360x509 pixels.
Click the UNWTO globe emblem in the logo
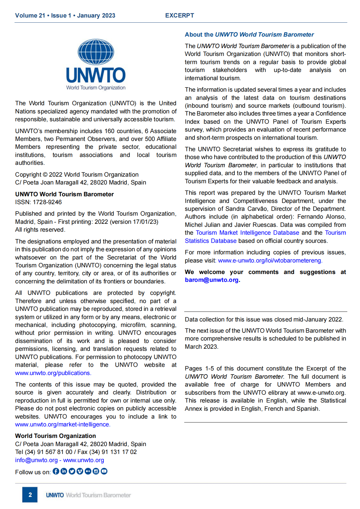(96, 52)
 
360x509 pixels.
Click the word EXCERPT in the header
(179, 15)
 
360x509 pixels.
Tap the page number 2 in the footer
(30, 495)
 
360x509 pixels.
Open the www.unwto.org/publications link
(53, 373)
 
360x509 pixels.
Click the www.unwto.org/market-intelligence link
(63, 424)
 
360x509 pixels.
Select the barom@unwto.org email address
(212, 280)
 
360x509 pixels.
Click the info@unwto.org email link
(36, 460)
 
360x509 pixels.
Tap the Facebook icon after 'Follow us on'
(56, 471)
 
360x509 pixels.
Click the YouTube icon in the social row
(104, 471)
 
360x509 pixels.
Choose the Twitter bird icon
(72, 471)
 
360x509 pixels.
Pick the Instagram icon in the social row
(96, 471)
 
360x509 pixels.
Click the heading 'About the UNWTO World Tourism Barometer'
(249, 34)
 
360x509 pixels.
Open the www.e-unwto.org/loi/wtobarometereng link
(270, 260)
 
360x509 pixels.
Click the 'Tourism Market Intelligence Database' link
(247, 233)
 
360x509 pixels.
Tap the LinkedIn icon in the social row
(64, 471)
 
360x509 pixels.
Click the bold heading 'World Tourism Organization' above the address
(55, 436)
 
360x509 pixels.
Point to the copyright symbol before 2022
(45, 175)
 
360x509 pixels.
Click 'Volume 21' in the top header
(30, 15)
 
